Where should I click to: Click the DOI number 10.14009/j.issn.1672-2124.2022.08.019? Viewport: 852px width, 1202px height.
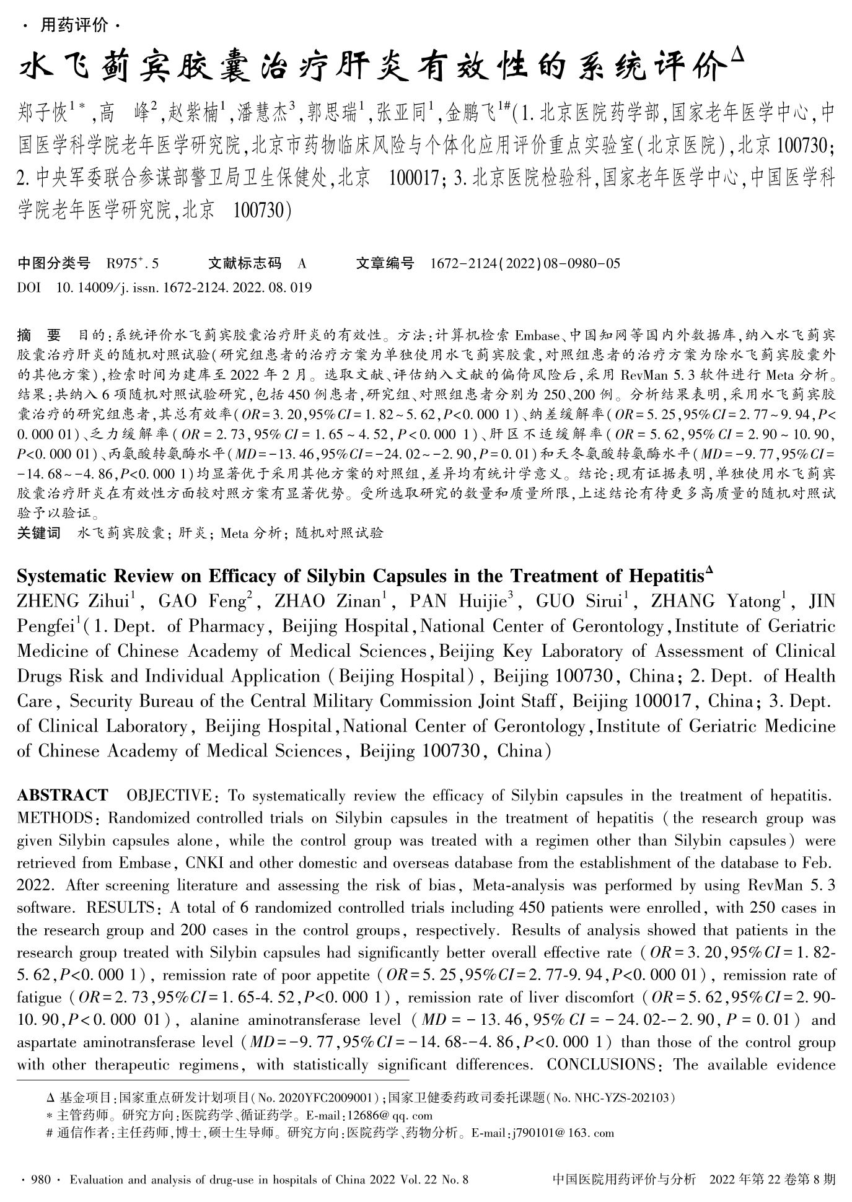tap(184, 287)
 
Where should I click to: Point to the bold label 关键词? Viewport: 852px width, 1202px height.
tap(39, 533)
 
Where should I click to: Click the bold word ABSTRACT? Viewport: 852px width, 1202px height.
tap(62, 795)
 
